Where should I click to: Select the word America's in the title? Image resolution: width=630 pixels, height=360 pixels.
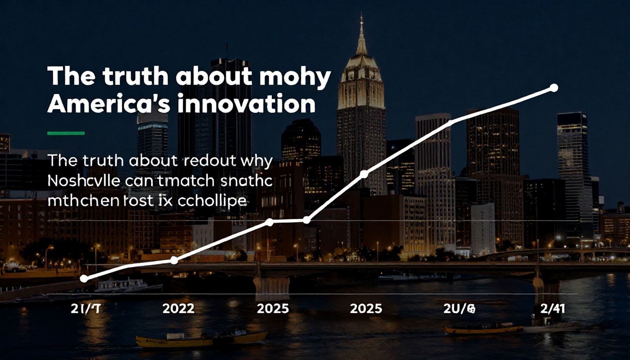pyautogui.click(x=106, y=104)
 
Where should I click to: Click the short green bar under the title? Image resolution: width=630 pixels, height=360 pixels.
pyautogui.click(x=66, y=133)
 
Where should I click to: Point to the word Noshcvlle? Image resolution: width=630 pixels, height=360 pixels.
pyautogui.click(x=84, y=181)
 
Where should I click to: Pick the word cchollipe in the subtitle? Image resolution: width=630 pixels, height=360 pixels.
pyautogui.click(x=212, y=201)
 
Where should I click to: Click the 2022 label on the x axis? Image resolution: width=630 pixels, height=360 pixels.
pyautogui.click(x=178, y=308)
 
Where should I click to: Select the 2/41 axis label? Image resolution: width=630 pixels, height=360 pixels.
pyautogui.click(x=552, y=308)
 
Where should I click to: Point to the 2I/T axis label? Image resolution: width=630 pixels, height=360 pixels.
pyautogui.click(x=85, y=308)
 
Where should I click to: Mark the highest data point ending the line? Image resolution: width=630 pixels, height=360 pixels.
pyautogui.click(x=554, y=88)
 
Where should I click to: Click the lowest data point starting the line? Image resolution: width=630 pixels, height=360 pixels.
pyautogui.click(x=84, y=278)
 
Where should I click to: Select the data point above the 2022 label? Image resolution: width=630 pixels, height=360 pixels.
pyautogui.click(x=174, y=260)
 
